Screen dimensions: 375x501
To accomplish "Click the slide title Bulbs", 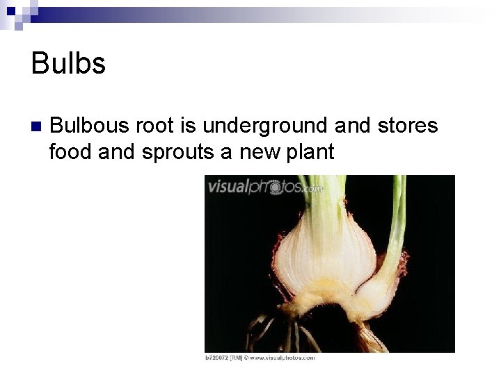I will (68, 64).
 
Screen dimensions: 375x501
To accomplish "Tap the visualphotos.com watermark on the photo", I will (265, 186).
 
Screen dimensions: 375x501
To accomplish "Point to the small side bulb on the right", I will (379, 285).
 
